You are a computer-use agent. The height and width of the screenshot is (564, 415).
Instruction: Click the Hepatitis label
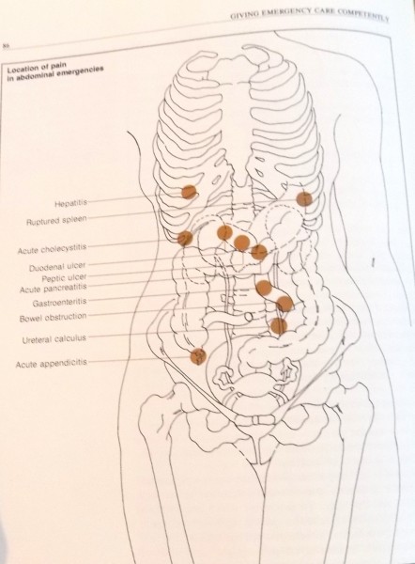[70, 204]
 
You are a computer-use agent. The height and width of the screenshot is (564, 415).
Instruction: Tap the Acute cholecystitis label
[52, 248]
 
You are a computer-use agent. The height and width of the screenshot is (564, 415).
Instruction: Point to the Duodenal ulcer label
[57, 268]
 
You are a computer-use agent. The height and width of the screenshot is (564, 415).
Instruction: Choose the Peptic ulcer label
[64, 278]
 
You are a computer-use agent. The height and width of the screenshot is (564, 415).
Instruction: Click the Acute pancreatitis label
[54, 289]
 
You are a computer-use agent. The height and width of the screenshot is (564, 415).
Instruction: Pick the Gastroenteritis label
[60, 303]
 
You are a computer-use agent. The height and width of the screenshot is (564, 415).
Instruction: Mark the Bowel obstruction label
[54, 319]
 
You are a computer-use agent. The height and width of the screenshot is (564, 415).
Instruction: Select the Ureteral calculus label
[54, 339]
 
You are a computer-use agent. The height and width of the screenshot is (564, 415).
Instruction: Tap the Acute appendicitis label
[52, 364]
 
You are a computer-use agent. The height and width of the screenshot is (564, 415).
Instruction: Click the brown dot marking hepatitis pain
[189, 192]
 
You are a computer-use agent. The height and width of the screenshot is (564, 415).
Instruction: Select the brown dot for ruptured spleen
[304, 198]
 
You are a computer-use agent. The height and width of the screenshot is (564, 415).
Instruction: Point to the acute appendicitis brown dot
[198, 356]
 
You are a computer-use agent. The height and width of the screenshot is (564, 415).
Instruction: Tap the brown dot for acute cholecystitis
[185, 238]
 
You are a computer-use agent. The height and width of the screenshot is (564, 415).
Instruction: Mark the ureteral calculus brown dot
[279, 326]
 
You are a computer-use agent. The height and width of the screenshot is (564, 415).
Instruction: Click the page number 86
[6, 46]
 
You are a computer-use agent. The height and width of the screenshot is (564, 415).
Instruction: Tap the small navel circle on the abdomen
[249, 317]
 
